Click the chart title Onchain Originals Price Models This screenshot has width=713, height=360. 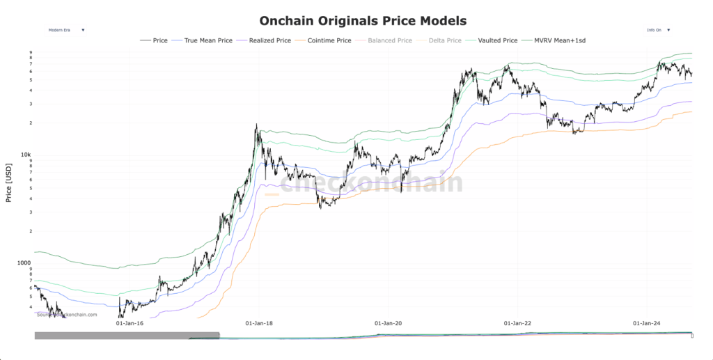point(363,21)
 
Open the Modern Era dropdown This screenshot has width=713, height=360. point(66,30)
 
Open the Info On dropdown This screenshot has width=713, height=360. point(659,30)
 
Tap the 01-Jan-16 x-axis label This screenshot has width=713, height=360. point(130,323)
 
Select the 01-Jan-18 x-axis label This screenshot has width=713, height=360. point(259,323)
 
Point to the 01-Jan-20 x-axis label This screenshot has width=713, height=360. point(388,323)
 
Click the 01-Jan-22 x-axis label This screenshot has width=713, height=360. point(517,323)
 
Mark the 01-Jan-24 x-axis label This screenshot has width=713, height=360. point(646,323)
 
